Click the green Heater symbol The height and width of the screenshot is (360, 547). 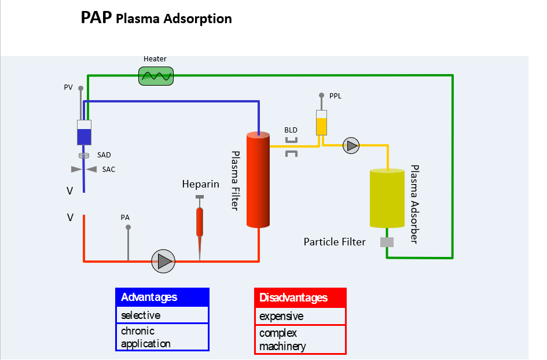click(x=156, y=76)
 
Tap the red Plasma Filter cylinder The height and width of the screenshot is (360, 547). click(x=258, y=179)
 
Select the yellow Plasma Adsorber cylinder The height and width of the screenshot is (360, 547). click(x=387, y=198)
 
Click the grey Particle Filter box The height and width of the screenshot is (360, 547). click(x=387, y=242)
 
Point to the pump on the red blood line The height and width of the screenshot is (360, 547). click(x=163, y=261)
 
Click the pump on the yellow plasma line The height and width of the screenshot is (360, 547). click(x=351, y=145)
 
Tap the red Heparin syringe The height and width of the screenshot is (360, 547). click(x=200, y=227)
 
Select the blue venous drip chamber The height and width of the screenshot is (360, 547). click(x=84, y=133)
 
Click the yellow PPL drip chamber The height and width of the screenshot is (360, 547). click(x=321, y=123)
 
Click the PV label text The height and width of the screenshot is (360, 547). click(x=68, y=87)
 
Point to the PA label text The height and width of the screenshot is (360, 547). click(x=125, y=217)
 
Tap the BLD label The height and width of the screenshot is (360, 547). click(x=291, y=130)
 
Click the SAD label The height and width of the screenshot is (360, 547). click(x=104, y=155)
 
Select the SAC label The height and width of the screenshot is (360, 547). click(x=108, y=170)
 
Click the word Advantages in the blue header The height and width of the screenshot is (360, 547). click(x=149, y=297)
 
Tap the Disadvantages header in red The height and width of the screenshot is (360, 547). click(x=293, y=297)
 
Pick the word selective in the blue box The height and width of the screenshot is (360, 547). click(x=141, y=315)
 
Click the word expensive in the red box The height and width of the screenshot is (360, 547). click(x=281, y=317)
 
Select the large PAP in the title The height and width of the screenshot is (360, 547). click(x=96, y=17)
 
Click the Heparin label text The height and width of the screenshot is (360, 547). click(x=201, y=184)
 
